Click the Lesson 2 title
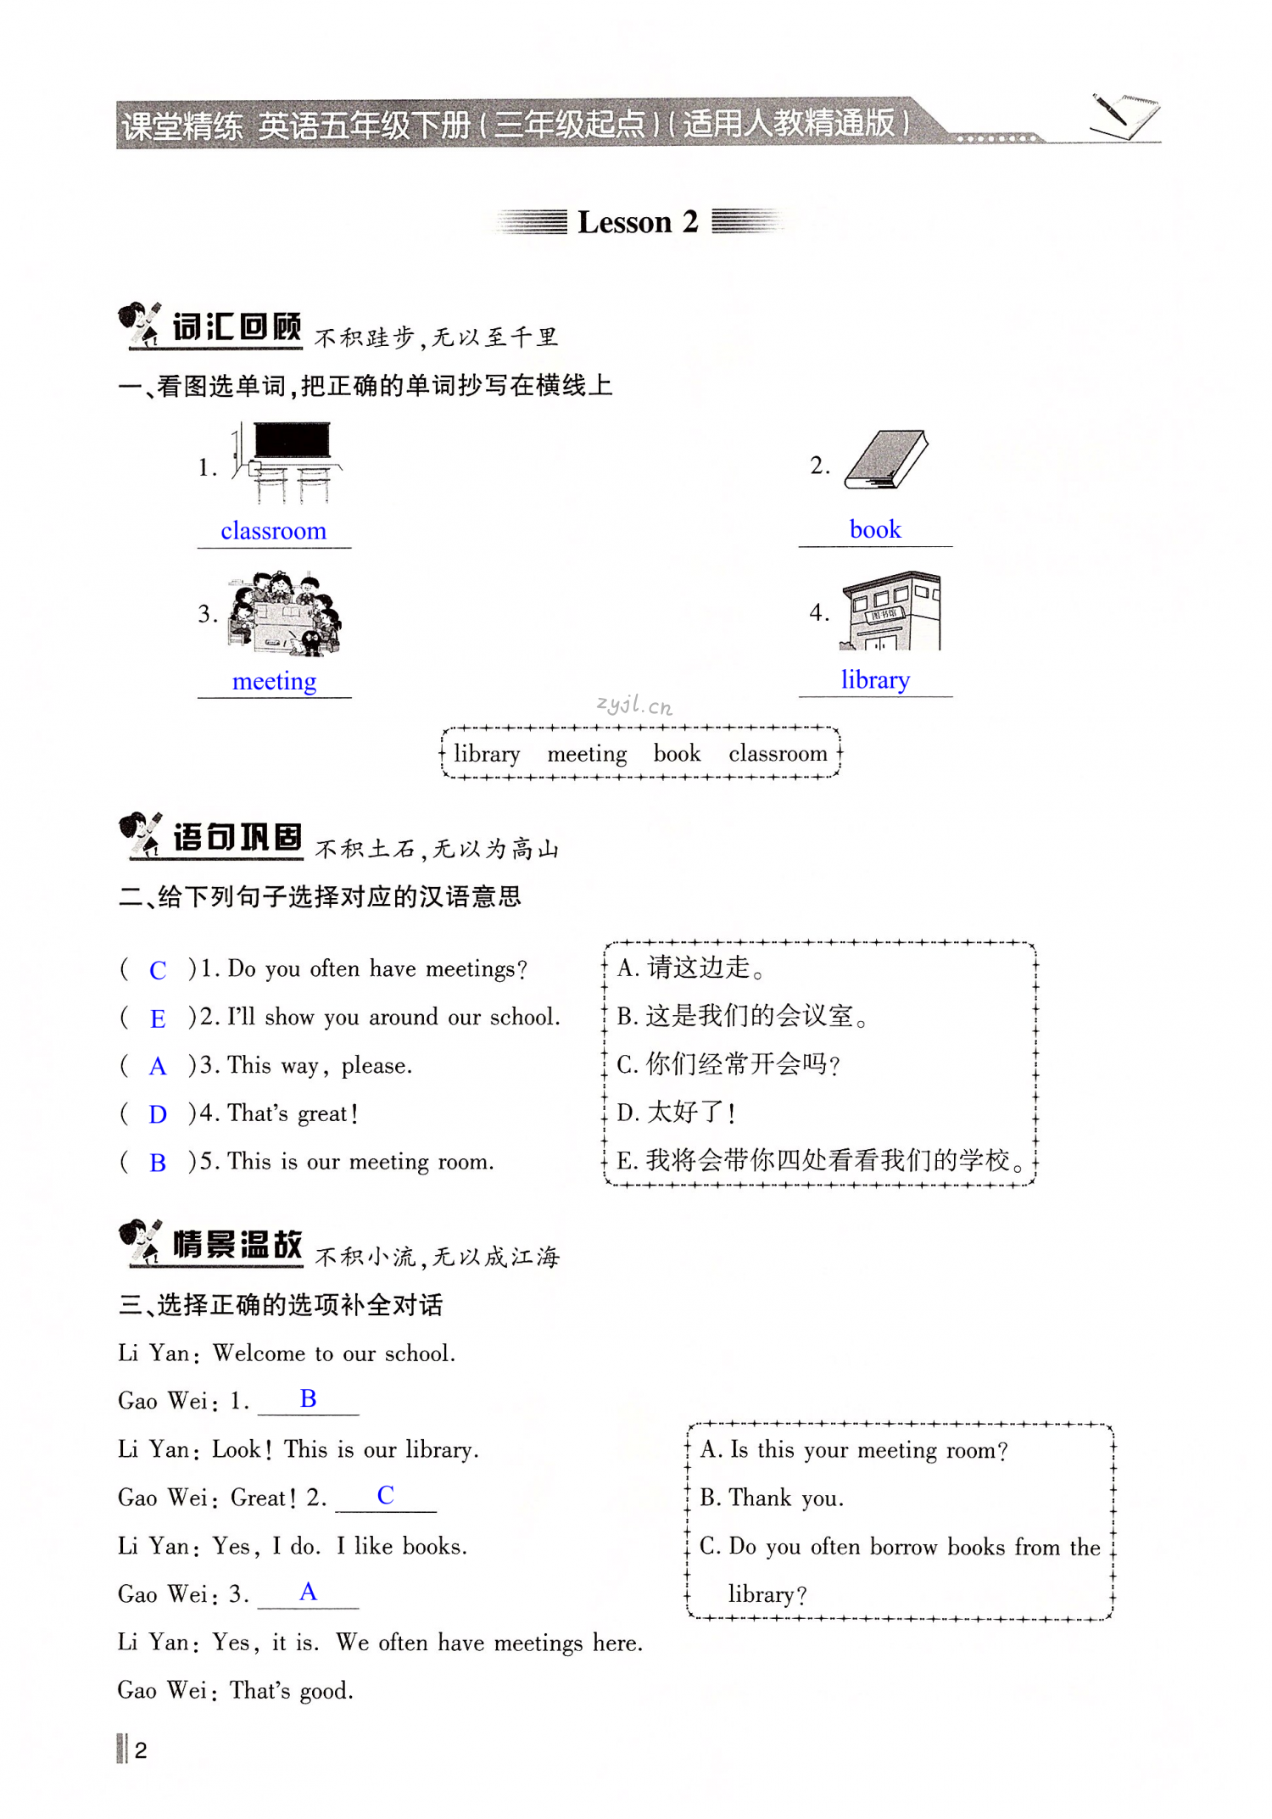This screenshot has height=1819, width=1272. point(638,222)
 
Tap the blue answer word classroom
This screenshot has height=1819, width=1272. point(273,531)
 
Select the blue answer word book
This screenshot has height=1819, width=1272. point(875,529)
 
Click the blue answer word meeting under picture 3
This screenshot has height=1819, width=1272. point(274,681)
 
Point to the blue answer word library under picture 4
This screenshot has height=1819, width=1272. point(875,679)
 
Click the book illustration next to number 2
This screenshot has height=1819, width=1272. point(886,460)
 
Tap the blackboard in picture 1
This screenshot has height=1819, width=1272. point(292,440)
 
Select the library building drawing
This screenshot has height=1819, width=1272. point(890,611)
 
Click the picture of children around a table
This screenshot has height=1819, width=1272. point(284,614)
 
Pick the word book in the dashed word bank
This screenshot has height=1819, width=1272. point(677,753)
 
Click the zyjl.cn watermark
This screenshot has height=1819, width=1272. point(634,705)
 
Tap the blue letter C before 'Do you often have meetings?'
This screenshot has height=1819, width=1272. point(158,970)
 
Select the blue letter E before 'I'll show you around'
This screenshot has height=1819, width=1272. point(158,1018)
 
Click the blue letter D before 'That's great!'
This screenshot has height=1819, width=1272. point(158,1114)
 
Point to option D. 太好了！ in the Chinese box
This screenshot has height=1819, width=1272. point(676,1112)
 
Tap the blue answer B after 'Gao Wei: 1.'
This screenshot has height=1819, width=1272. point(309,1399)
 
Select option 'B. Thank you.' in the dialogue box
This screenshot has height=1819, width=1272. point(772,1498)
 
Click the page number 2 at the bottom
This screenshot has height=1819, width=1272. point(141,1749)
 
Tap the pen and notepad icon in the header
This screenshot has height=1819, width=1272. point(1124,115)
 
